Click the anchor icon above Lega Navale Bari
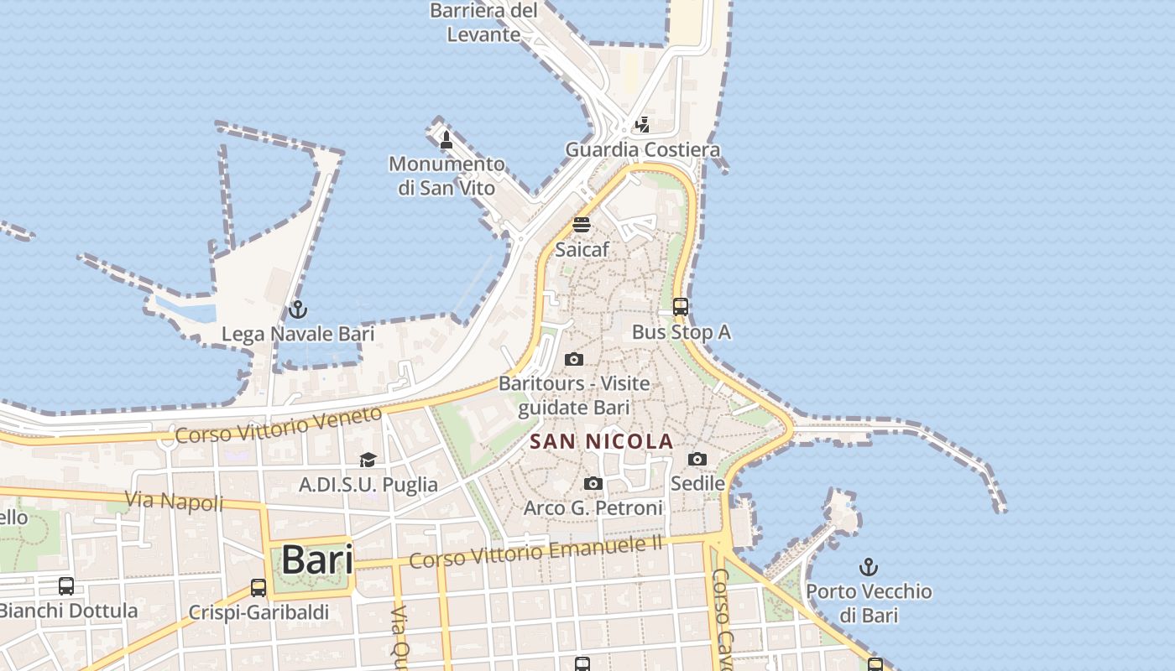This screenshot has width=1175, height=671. [297, 309]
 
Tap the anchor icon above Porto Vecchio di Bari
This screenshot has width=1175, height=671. [869, 566]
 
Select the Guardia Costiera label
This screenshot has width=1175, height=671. [642, 150]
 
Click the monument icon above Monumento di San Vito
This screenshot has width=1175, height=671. [446, 139]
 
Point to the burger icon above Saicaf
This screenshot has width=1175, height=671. [582, 225]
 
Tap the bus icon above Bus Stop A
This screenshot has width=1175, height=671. [681, 307]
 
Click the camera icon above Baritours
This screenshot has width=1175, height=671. [574, 359]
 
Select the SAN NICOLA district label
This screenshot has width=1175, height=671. [602, 441]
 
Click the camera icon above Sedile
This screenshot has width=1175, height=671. [697, 459]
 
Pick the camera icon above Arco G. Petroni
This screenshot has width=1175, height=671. [593, 483]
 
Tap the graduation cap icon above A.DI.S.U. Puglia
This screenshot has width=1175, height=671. [368, 460]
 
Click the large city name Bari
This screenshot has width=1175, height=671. [316, 559]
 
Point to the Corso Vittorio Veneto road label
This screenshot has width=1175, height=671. [279, 424]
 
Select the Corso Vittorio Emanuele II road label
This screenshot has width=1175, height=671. [536, 552]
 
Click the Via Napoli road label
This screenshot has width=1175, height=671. [175, 502]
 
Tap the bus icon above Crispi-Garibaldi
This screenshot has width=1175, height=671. [258, 588]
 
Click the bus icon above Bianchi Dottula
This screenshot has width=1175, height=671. [66, 586]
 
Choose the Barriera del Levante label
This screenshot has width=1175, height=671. [483, 23]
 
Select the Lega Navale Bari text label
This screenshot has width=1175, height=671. [297, 334]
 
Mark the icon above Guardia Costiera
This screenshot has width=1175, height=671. [642, 125]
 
